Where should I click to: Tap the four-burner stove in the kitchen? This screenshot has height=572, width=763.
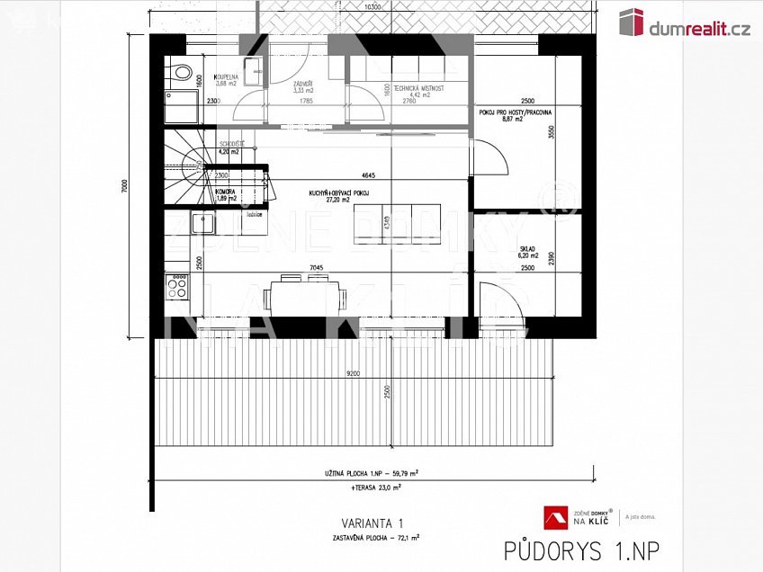177,288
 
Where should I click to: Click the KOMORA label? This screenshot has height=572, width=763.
225,192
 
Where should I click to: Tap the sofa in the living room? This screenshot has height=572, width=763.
397,223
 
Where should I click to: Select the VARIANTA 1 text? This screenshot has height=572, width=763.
373,523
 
